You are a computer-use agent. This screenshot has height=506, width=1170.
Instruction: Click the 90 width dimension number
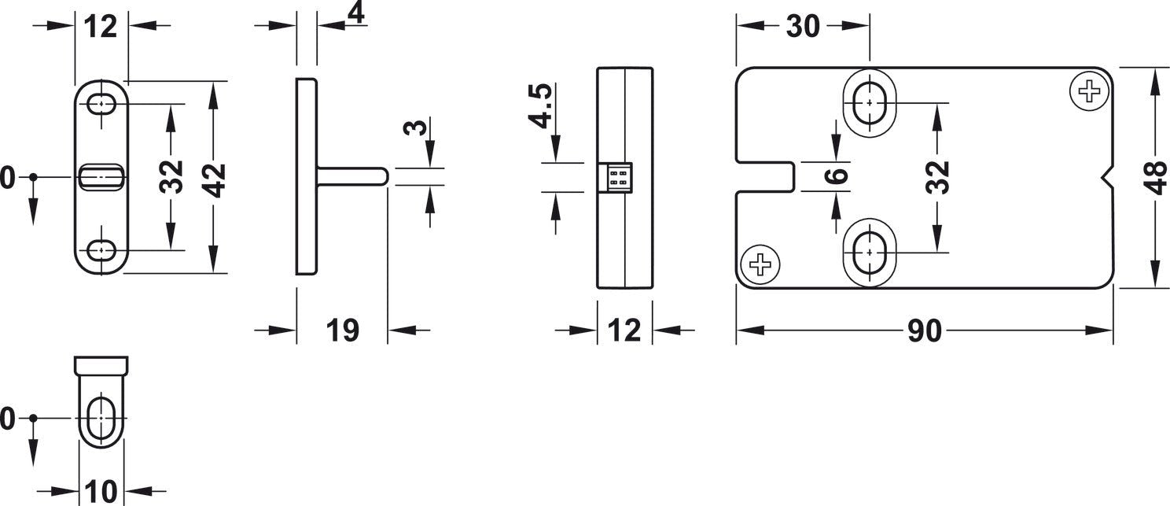[924, 331]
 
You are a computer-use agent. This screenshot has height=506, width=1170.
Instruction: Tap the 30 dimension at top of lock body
[803, 27]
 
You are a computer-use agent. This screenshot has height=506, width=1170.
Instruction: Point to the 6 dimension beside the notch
[839, 175]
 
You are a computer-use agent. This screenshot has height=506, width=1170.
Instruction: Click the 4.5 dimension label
[542, 106]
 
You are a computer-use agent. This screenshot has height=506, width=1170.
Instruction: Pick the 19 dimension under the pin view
[342, 331]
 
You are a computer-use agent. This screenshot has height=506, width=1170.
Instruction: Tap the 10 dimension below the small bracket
[101, 492]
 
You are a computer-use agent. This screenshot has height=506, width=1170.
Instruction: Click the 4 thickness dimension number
[356, 13]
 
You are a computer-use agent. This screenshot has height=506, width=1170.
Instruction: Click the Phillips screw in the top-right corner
[1090, 92]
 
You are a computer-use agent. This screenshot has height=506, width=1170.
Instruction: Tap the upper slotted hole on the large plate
[869, 102]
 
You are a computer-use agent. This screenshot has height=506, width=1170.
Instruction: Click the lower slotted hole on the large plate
[869, 253]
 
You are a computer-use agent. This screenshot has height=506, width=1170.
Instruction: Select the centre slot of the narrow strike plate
[101, 176]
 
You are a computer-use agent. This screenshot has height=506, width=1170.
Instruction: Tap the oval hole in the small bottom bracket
[101, 418]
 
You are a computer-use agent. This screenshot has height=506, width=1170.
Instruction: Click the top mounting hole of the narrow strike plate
[101, 104]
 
